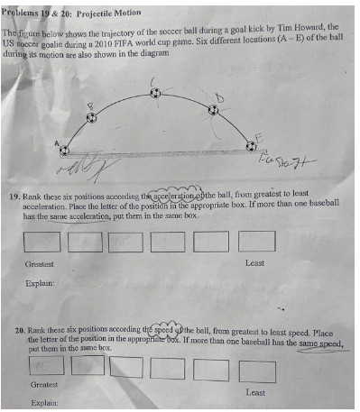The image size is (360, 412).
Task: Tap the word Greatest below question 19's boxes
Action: tap(40, 263)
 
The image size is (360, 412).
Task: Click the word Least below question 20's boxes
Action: tap(255, 392)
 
